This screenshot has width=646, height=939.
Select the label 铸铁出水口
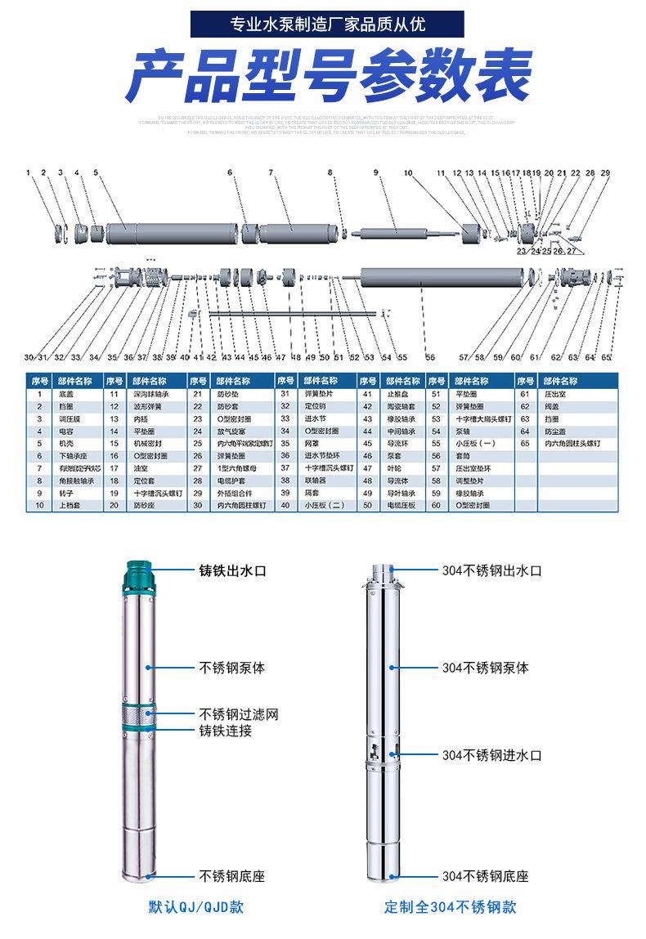tap(233, 570)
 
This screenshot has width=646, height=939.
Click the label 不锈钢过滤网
tap(239, 714)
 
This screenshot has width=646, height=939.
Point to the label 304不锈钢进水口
tap(491, 755)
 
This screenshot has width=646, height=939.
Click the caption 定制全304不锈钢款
tap(451, 907)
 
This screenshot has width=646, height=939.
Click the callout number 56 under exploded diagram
tap(430, 357)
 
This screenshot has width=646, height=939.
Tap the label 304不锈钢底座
tap(485, 877)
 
